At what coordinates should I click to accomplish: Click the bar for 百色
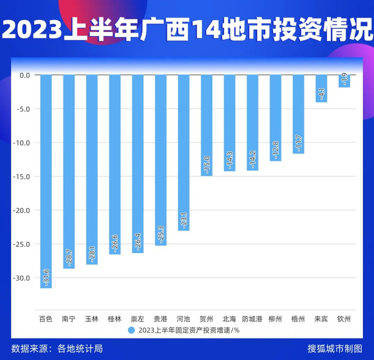click(x=46, y=181)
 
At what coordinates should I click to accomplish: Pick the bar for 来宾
click(x=321, y=89)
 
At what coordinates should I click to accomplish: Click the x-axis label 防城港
click(x=252, y=319)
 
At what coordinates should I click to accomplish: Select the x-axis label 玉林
click(x=92, y=319)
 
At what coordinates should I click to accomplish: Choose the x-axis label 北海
click(x=229, y=319)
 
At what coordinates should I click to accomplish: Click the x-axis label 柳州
click(x=275, y=319)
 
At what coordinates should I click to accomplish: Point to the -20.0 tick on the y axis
click(x=24, y=210)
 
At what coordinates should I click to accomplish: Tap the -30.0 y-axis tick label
click(x=24, y=278)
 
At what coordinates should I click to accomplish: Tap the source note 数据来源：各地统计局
click(x=57, y=349)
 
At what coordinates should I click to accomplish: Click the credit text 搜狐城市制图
click(x=335, y=349)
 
